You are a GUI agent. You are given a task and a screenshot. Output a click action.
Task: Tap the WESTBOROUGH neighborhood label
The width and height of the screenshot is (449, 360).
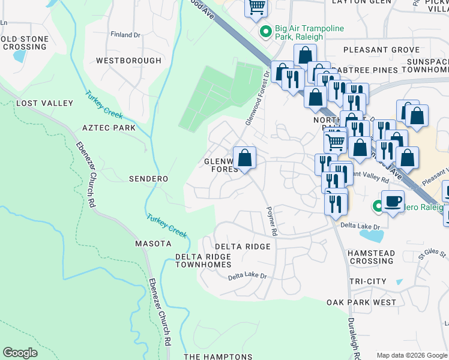(128, 61)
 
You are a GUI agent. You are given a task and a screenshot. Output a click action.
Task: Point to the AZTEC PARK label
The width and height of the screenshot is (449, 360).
(109, 128)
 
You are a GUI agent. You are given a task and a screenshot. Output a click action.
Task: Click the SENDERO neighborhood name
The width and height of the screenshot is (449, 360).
(148, 179)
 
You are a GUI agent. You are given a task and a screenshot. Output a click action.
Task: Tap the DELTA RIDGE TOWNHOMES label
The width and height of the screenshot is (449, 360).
(203, 260)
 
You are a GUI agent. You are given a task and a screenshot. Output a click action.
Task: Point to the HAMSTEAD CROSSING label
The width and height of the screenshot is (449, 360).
(372, 257)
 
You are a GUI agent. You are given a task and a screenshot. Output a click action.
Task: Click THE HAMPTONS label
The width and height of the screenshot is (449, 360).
(218, 356)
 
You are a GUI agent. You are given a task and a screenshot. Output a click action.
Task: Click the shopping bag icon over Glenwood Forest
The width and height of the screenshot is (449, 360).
(244, 159)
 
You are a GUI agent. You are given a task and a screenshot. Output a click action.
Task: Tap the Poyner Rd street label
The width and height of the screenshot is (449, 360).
(271, 221)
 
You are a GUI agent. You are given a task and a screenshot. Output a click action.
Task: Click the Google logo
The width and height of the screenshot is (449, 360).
(20, 353)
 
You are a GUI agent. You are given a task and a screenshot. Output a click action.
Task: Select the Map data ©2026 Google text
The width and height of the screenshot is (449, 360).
(412, 355)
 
